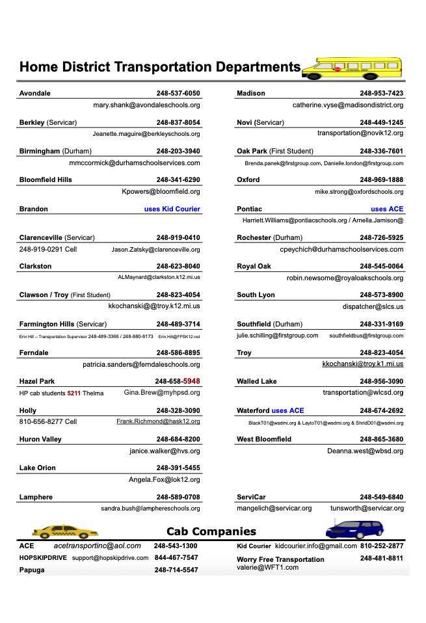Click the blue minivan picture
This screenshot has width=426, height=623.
[x=354, y=529]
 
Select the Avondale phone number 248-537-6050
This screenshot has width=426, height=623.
[x=178, y=93]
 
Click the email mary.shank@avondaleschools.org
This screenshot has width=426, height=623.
[x=146, y=105]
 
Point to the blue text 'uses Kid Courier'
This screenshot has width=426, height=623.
[x=172, y=209]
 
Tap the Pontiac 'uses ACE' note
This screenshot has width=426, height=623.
[x=387, y=209]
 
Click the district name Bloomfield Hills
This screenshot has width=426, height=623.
[x=46, y=179]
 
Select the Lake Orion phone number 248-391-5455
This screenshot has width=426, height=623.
[x=178, y=468]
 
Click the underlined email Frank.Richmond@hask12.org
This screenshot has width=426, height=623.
[x=158, y=421]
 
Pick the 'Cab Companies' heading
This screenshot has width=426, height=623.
[x=211, y=531]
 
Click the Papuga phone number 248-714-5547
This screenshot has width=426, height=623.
[x=176, y=570]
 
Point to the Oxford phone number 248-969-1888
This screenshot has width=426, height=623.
[x=381, y=179]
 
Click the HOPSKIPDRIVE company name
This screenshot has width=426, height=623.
[x=43, y=558]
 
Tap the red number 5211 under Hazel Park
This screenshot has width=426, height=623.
[x=74, y=393]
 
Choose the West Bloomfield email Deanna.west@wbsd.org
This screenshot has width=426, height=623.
[x=365, y=451]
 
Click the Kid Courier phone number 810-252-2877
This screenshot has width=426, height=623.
[x=382, y=546]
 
